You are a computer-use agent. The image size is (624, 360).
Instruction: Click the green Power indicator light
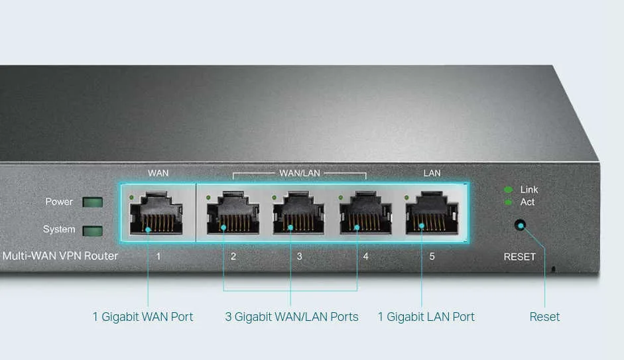tap(92, 202)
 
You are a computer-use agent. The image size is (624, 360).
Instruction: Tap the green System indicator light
tap(92, 230)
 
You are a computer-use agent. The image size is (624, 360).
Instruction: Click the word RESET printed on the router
tap(519, 257)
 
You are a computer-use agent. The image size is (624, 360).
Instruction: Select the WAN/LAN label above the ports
tap(300, 174)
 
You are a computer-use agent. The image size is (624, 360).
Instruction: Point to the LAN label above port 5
tap(432, 174)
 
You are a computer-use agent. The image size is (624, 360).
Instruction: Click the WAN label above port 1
tap(158, 174)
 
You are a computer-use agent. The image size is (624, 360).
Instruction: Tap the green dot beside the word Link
tap(508, 190)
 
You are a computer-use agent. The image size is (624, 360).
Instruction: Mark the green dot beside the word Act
tap(508, 202)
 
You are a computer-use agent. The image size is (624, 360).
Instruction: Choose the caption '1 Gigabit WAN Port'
tap(143, 317)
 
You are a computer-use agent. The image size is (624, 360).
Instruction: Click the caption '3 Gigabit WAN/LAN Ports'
tap(292, 317)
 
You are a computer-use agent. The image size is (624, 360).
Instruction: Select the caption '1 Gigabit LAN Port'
tap(426, 317)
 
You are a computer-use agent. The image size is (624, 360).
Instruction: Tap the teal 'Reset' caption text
tap(544, 317)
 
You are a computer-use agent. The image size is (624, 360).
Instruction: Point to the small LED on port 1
tap(132, 198)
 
